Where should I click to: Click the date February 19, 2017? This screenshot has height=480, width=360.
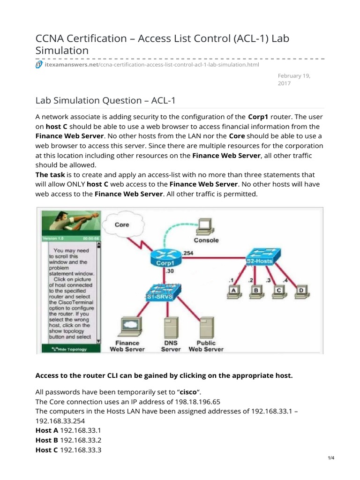[x=294, y=79]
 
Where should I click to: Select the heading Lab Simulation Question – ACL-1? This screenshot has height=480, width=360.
[x=105, y=100]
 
